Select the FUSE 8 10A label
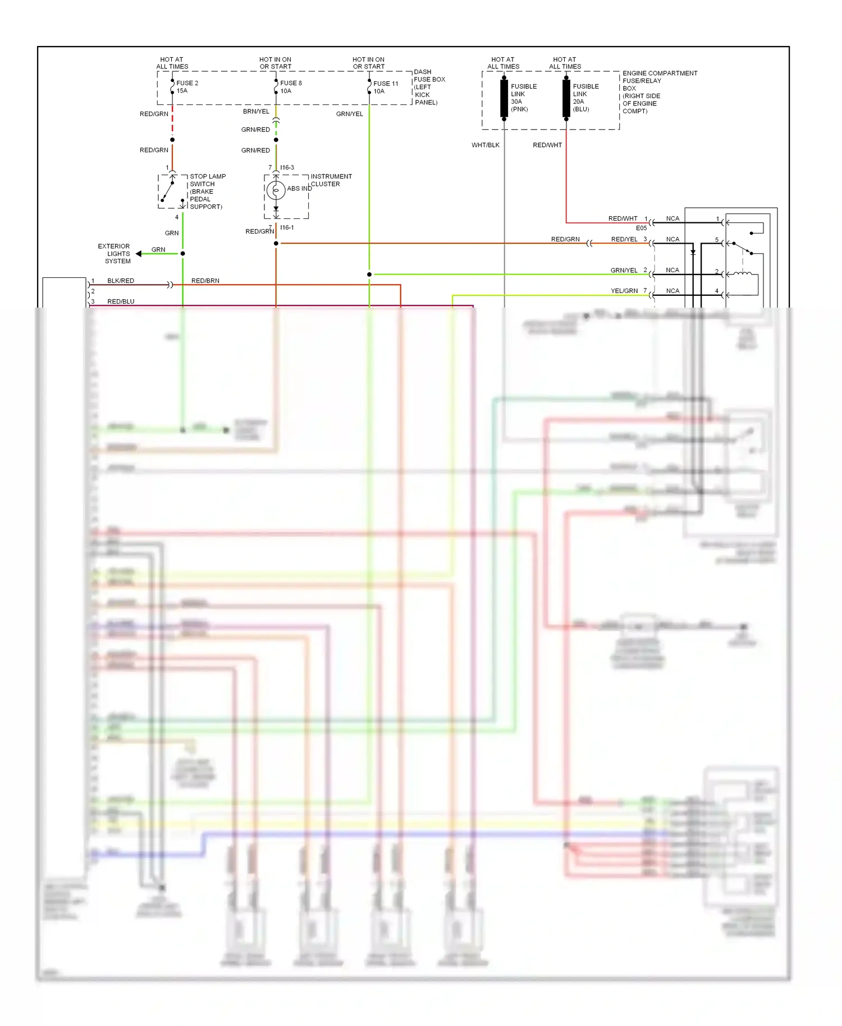(290, 87)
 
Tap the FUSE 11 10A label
(385, 88)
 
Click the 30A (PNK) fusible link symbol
(504, 99)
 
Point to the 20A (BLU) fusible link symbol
(566, 99)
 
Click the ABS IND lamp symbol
(276, 191)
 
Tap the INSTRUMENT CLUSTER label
(331, 180)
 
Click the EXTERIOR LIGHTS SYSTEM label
(114, 254)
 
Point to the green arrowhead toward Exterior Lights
(139, 254)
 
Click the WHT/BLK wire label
(485, 145)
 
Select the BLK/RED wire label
(121, 281)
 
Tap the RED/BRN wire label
(205, 281)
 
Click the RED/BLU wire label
(121, 301)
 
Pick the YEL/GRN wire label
(624, 291)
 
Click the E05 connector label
(641, 228)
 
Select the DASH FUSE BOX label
(429, 87)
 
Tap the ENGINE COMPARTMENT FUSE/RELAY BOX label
(659, 92)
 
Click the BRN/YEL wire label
(256, 111)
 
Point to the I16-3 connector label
(287, 167)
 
